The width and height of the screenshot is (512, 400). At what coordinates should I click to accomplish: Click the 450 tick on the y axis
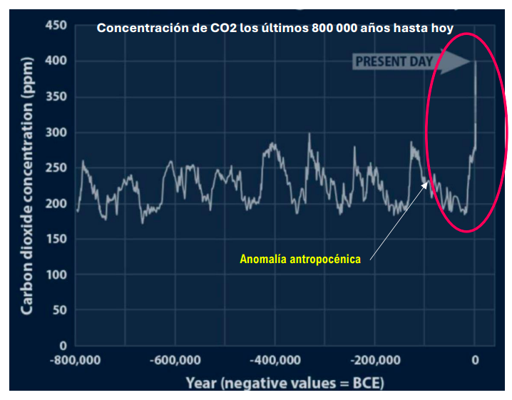56,26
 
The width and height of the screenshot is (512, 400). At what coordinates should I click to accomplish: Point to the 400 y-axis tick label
56,61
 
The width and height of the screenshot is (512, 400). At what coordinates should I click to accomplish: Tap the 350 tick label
56,97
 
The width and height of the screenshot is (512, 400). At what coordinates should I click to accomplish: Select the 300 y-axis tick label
56,133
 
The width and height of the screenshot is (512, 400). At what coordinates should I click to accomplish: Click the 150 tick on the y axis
56,240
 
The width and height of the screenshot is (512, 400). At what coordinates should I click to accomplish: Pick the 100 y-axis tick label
56,275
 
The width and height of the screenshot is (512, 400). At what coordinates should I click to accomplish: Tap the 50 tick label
60,310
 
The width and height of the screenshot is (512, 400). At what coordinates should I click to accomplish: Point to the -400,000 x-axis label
275,361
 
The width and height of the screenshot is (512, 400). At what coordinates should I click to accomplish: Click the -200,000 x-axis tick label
375,361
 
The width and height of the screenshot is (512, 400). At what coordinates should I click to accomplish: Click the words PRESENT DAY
394,61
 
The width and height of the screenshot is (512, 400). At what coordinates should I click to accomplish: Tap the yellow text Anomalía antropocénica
299,260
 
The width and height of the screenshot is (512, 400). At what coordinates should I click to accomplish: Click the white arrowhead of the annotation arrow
429,183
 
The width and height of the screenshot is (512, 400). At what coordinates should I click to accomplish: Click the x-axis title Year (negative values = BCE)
285,383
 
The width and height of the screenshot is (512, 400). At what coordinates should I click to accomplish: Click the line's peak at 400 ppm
475,62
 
